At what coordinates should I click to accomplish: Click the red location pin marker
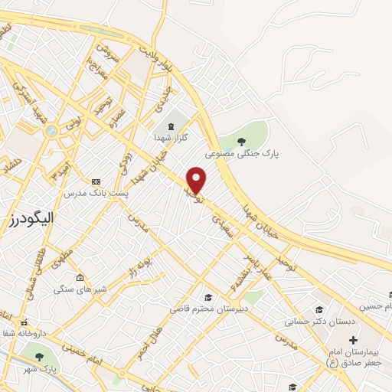[197, 180]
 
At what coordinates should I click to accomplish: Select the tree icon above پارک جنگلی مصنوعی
[241, 141]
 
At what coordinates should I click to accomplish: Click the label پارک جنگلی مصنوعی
[242, 153]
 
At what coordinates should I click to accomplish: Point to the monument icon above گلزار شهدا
[171, 126]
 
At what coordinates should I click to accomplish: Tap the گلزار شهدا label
[171, 137]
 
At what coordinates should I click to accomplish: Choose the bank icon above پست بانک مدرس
[96, 181]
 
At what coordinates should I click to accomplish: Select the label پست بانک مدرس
[96, 193]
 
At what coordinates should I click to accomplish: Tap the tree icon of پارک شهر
[38, 357]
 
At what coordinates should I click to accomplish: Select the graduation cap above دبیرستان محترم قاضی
[207, 297]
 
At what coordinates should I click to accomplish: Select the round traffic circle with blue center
[51, 131]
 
